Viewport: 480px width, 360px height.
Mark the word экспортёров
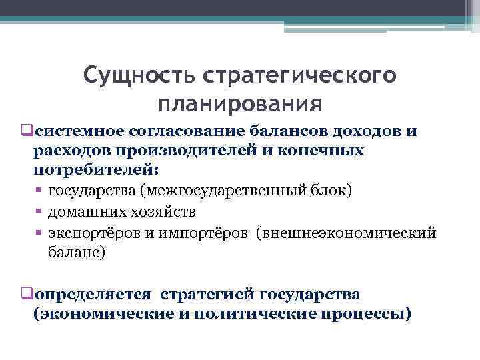pos(94,233)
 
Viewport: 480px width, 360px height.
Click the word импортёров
pos(200,233)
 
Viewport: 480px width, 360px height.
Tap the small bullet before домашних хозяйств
pos(39,212)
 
